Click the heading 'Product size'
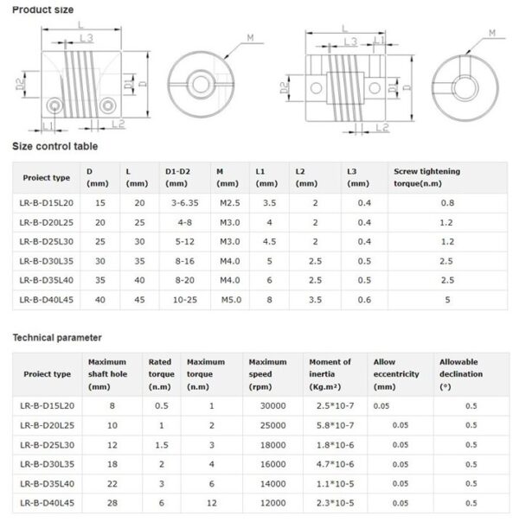[x=43, y=10]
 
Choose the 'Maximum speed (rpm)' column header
[x=267, y=373]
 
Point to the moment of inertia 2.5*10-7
[x=330, y=405]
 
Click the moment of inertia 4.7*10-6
[x=330, y=463]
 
